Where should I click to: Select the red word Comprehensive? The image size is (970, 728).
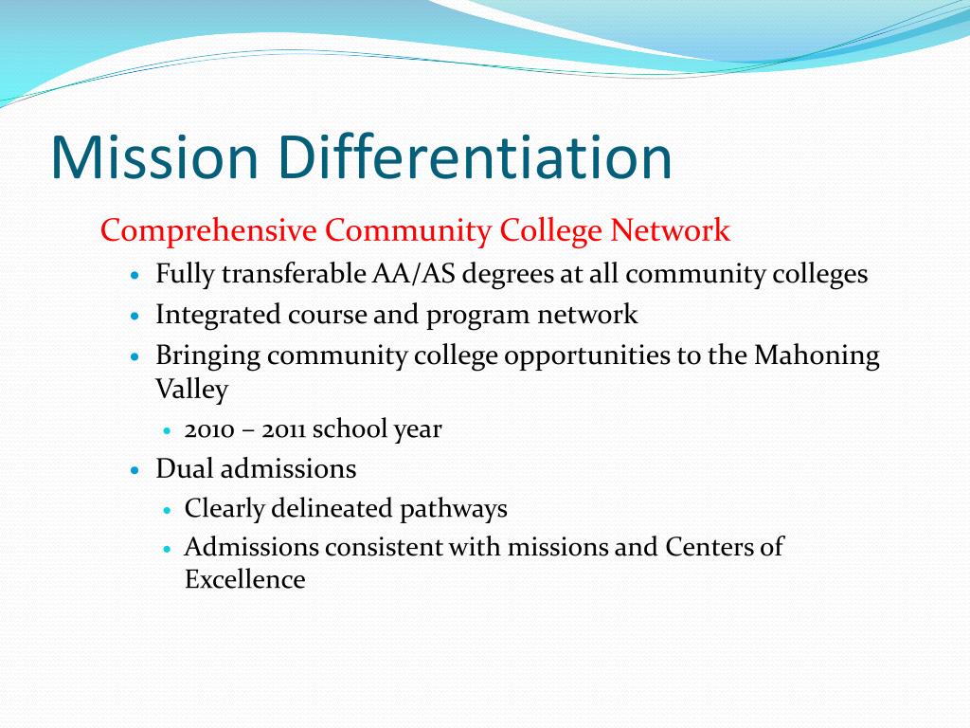[x=208, y=231]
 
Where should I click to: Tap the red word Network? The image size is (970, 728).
[x=670, y=230]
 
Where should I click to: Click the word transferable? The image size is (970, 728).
[x=294, y=274]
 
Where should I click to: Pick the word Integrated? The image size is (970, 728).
[x=218, y=315]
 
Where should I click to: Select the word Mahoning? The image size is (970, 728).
[x=817, y=356]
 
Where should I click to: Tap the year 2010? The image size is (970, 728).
[x=209, y=429]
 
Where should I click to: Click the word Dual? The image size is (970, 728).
[x=185, y=468]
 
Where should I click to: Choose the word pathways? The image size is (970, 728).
[x=453, y=509]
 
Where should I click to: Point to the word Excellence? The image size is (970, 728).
[x=244, y=580]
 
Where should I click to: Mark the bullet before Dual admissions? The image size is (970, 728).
[x=136, y=470]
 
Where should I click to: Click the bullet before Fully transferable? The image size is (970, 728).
[x=136, y=276]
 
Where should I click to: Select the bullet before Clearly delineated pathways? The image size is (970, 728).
[x=166, y=511]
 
